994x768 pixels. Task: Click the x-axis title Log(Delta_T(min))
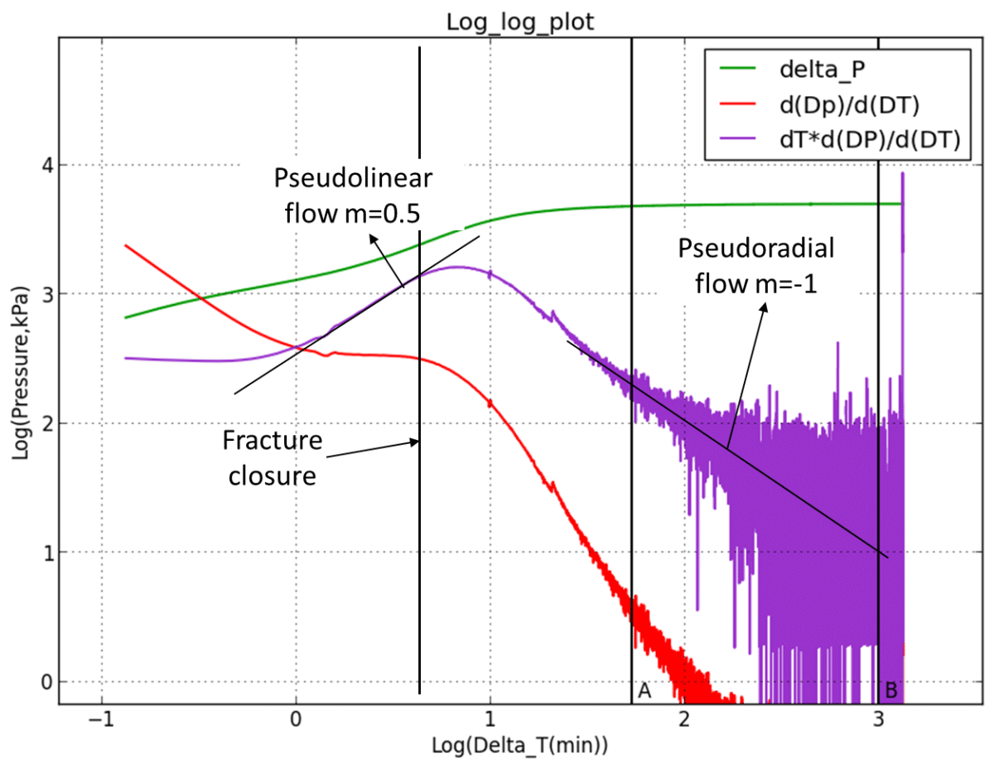519,744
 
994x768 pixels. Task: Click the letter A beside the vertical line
644,690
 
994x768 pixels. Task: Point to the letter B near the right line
891,690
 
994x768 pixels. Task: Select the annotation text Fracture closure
272,458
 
